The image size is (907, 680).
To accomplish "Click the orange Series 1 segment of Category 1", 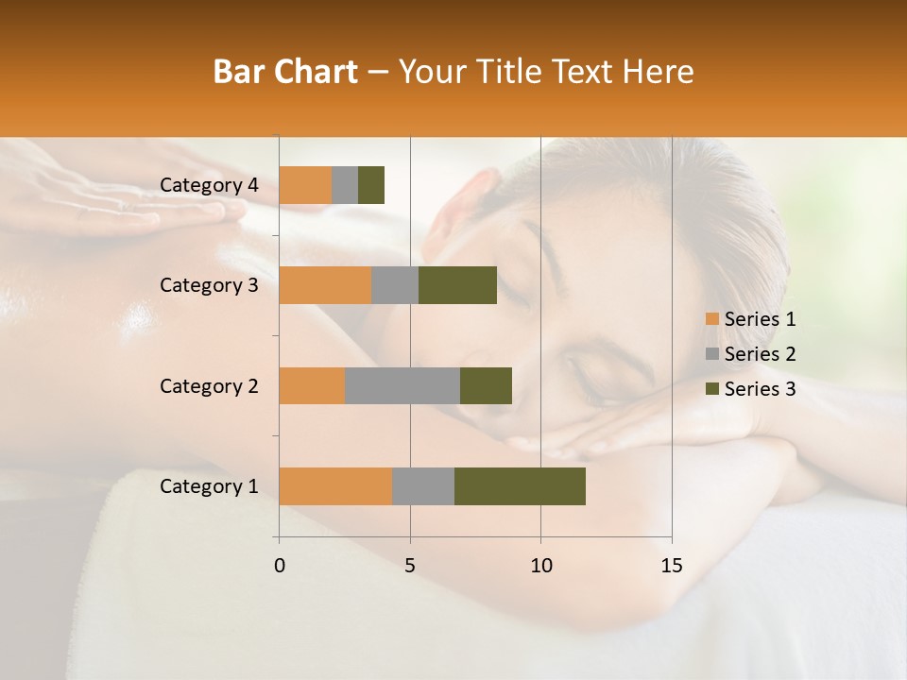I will click(335, 485).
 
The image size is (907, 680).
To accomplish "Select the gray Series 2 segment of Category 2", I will click(402, 385).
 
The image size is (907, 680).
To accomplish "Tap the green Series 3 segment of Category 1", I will click(520, 485).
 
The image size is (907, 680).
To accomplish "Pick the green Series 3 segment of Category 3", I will click(457, 285).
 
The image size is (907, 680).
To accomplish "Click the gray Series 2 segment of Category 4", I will click(345, 185).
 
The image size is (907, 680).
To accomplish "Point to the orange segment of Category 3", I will click(325, 285).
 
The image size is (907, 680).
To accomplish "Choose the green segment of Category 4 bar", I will click(371, 185).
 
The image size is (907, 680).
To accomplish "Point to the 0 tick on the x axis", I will click(280, 566).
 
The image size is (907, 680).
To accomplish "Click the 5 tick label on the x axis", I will click(410, 566).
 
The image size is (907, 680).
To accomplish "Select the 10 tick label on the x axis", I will click(540, 566).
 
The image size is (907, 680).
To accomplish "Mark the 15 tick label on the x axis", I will click(671, 566).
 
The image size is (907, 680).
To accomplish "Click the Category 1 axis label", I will click(209, 486).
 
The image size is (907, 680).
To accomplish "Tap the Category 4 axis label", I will click(209, 185).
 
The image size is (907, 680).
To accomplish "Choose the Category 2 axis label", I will click(209, 385).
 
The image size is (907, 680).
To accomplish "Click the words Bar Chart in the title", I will click(285, 72).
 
